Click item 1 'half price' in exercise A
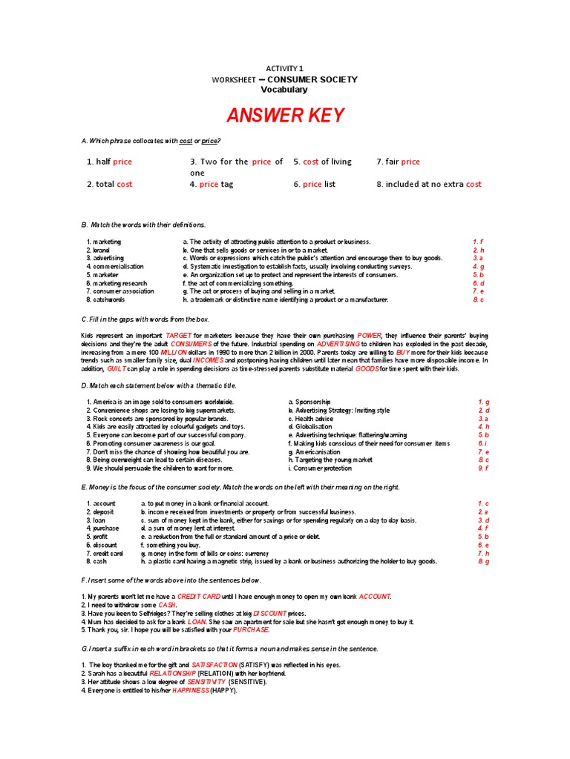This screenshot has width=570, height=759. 109,162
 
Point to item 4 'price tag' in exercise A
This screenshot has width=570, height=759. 212,184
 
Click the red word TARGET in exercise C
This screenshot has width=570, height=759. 179,335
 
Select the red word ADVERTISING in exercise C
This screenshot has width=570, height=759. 338,344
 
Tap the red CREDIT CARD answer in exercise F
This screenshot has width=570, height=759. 200,597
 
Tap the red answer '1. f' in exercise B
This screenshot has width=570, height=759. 478,242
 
